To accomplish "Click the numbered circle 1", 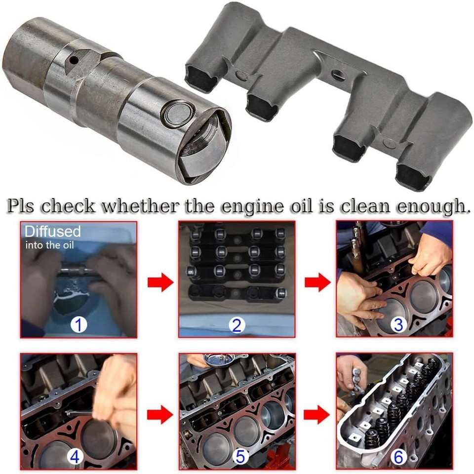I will (x=79, y=324).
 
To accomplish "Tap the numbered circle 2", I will (x=237, y=325).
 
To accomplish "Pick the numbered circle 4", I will (x=75, y=457).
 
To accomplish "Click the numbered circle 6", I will (x=398, y=457).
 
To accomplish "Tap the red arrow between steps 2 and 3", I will (x=316, y=283).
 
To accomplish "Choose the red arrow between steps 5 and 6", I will (x=316, y=414).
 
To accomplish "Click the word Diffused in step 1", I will (x=52, y=231).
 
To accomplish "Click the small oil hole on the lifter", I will (x=74, y=60).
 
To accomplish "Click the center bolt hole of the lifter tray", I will (x=337, y=76).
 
